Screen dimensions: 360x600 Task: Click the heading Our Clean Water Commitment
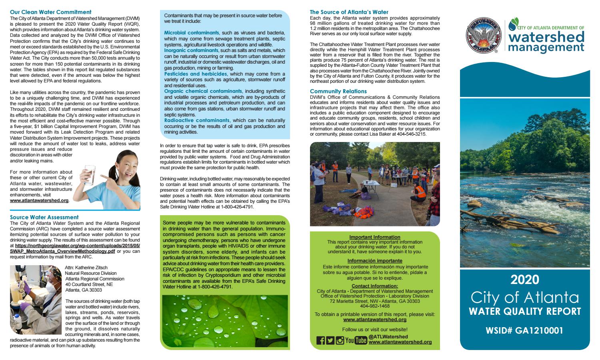point(50,12)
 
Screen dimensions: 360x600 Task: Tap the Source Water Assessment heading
point(44,217)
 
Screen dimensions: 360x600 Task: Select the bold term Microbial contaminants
point(192,32)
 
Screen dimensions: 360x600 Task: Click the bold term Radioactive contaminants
point(197,120)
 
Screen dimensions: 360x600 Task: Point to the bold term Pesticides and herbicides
point(196,74)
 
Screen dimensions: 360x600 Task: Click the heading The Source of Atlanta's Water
point(349,12)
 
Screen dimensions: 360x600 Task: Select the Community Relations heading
point(338,91)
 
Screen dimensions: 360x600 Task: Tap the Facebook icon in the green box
point(320,340)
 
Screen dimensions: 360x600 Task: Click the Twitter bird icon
point(330,340)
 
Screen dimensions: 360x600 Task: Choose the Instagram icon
point(340,340)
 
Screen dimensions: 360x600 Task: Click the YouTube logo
point(356,340)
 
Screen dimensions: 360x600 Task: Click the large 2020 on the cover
point(525,279)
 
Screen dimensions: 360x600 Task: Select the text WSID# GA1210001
point(524,330)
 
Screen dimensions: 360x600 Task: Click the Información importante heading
point(375,261)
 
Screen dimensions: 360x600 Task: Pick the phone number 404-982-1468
point(375,306)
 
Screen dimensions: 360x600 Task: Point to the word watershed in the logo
point(546,37)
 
